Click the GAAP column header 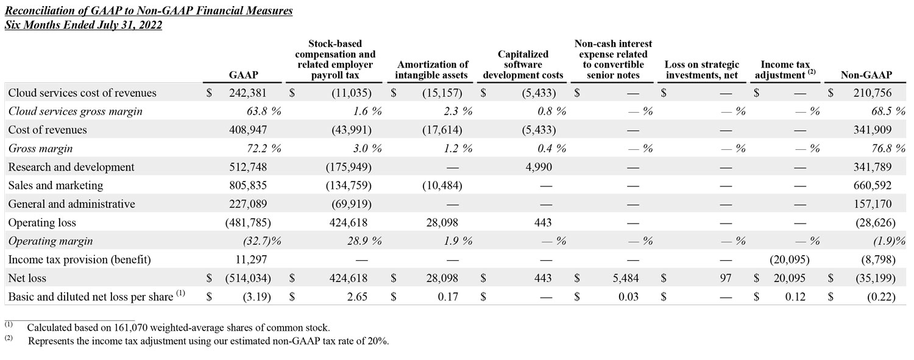pyautogui.click(x=243, y=76)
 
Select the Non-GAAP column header pyautogui.click(x=866, y=76)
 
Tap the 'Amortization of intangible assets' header pyautogui.click(x=432, y=70)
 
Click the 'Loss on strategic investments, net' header pyautogui.click(x=701, y=70)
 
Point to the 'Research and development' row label pyautogui.click(x=71, y=167)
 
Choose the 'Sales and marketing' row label pyautogui.click(x=56, y=186)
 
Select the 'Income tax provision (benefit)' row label pyautogui.click(x=79, y=259)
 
